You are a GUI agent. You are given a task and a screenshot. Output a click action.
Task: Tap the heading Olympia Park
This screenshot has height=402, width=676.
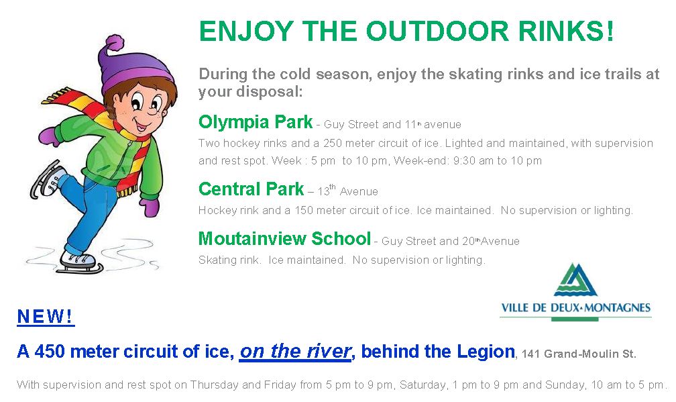click(256, 123)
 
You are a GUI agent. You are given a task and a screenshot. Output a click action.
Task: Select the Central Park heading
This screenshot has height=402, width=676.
click(251, 189)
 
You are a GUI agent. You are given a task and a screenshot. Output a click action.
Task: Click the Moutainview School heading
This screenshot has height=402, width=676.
click(284, 238)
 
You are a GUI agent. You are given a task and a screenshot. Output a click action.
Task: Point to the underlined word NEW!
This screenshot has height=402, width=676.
click(46, 317)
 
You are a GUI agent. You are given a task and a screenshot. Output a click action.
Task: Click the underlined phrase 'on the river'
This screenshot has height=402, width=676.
click(295, 352)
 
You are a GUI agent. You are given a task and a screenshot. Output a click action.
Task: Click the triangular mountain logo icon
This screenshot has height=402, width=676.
click(575, 281)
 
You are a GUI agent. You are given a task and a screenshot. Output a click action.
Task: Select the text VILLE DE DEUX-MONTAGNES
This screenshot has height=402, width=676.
click(575, 307)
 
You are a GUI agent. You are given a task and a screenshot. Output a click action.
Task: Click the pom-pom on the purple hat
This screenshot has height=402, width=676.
click(115, 44)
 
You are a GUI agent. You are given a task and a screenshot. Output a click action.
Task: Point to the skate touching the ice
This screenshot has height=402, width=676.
click(80, 262)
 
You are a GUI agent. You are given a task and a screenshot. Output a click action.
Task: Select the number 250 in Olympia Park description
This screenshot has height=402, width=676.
click(333, 143)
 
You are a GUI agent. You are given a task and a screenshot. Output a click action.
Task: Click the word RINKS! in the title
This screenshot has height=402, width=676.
click(565, 32)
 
